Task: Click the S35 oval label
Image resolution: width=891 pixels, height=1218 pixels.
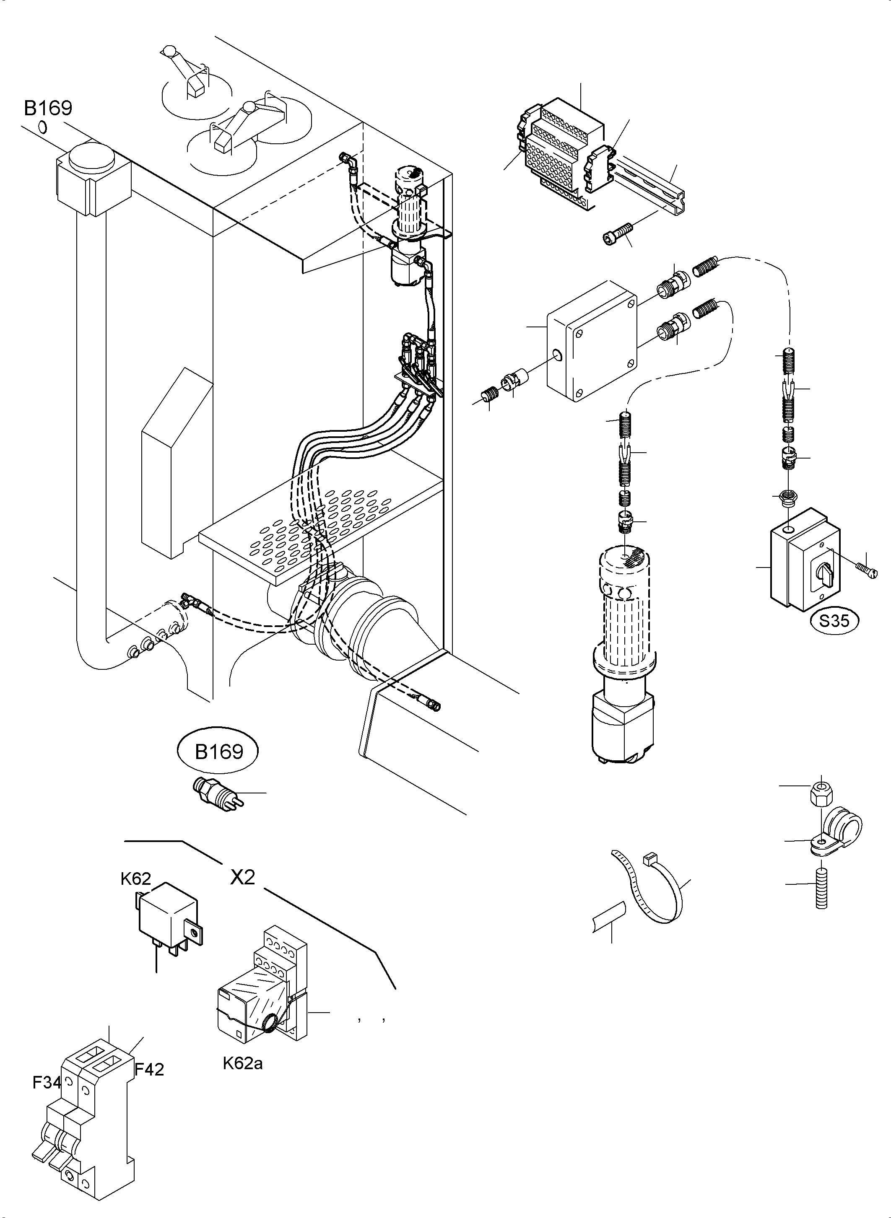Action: [x=834, y=621]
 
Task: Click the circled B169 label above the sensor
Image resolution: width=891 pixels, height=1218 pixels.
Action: [x=219, y=751]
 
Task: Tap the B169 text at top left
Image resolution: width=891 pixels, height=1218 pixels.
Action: [x=48, y=109]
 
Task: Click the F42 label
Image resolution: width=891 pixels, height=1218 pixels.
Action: [x=149, y=1069]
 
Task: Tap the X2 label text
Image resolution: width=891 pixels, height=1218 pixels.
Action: [x=243, y=878]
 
